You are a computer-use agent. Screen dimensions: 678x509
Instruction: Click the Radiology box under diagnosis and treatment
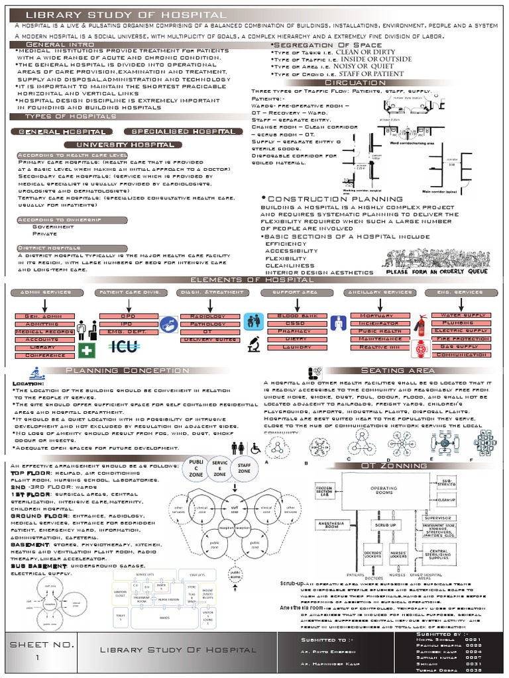click(207, 316)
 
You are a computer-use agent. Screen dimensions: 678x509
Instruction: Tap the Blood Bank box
click(291, 316)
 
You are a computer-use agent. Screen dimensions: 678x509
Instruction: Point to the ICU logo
click(125, 346)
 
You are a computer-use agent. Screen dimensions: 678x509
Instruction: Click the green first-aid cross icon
click(86, 350)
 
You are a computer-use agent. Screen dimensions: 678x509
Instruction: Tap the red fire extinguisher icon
click(418, 324)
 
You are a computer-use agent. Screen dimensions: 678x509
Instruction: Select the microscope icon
click(253, 344)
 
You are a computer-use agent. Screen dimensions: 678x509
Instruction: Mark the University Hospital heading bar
click(125, 144)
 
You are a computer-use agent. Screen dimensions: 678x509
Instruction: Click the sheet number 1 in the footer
click(38, 657)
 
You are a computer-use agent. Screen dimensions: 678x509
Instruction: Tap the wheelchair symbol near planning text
click(255, 448)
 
